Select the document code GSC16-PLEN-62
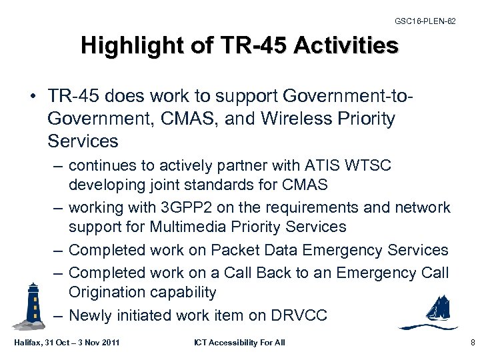(425, 22)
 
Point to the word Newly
(92, 315)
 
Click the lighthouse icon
(31, 305)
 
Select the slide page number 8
(472, 343)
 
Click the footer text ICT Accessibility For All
(239, 343)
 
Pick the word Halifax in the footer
(25, 343)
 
